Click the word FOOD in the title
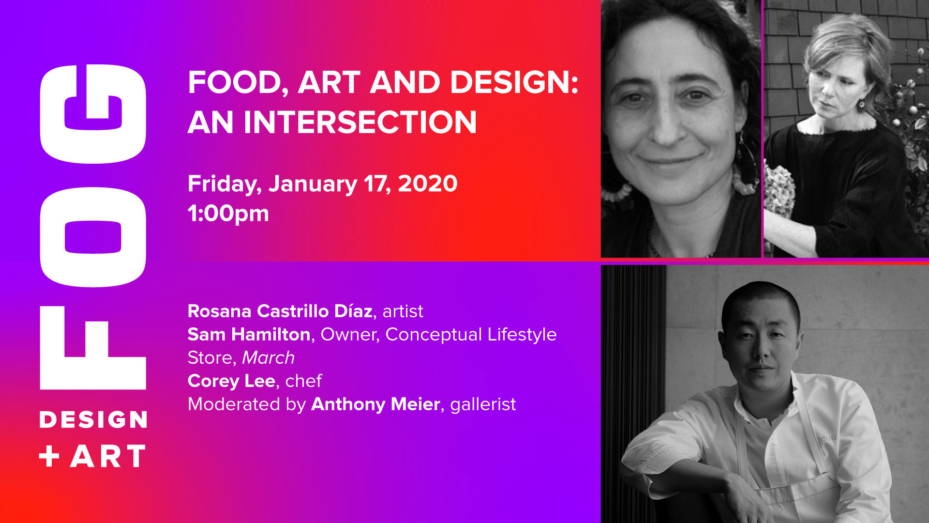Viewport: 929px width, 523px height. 235,83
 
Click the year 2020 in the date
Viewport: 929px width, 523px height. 428,184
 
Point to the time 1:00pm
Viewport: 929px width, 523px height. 228,214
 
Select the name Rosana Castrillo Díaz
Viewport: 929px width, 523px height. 280,311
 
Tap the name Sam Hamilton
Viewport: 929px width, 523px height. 249,334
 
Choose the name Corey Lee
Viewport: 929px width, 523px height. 231,381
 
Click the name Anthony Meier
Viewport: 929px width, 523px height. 375,404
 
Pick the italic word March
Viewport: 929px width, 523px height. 268,357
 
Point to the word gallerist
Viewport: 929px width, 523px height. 483,404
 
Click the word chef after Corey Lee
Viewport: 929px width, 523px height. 303,381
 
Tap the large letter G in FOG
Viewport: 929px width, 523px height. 93,114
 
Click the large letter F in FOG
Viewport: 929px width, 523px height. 93,348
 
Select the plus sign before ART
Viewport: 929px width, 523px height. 49,456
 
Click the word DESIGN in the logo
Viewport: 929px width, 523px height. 93,419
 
